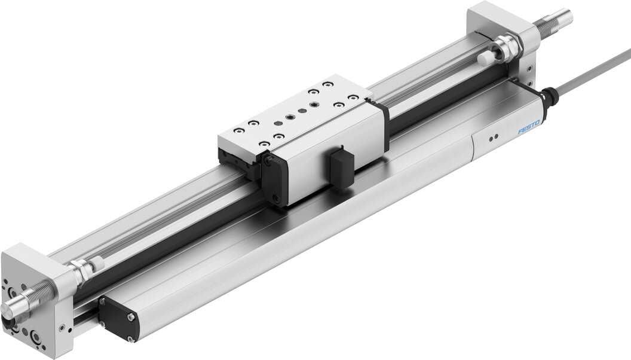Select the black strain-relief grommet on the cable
coord(549,97)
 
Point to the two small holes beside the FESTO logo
coord(492,138)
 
